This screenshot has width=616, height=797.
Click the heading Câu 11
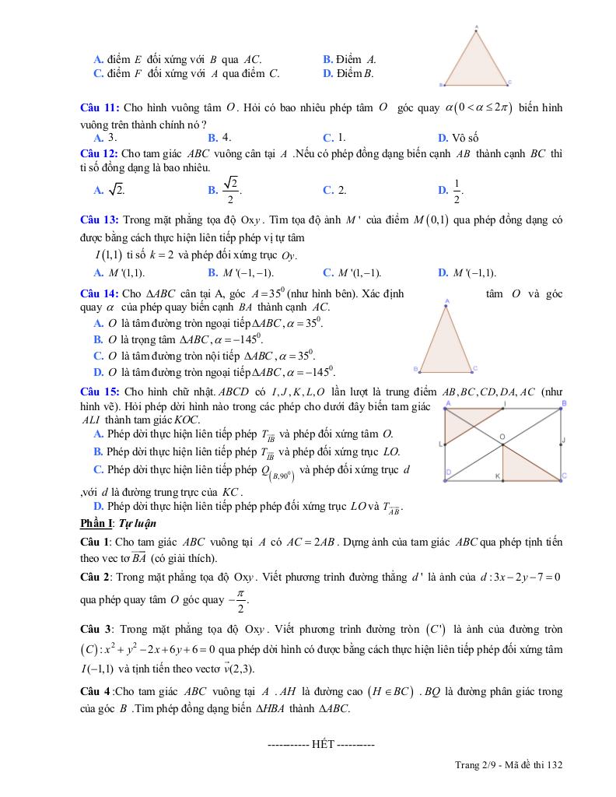tap(100, 107)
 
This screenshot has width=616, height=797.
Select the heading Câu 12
tap(100, 153)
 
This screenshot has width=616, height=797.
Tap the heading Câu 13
tap(100, 220)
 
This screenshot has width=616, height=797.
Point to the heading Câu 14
tap(100, 293)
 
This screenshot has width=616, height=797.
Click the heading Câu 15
tap(100, 391)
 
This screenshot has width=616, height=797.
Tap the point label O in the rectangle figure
tap(502, 437)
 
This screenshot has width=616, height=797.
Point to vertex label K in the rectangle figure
tap(498, 475)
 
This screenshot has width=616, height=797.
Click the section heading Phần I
tap(97, 523)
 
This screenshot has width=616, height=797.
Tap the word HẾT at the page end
tap(322, 744)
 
